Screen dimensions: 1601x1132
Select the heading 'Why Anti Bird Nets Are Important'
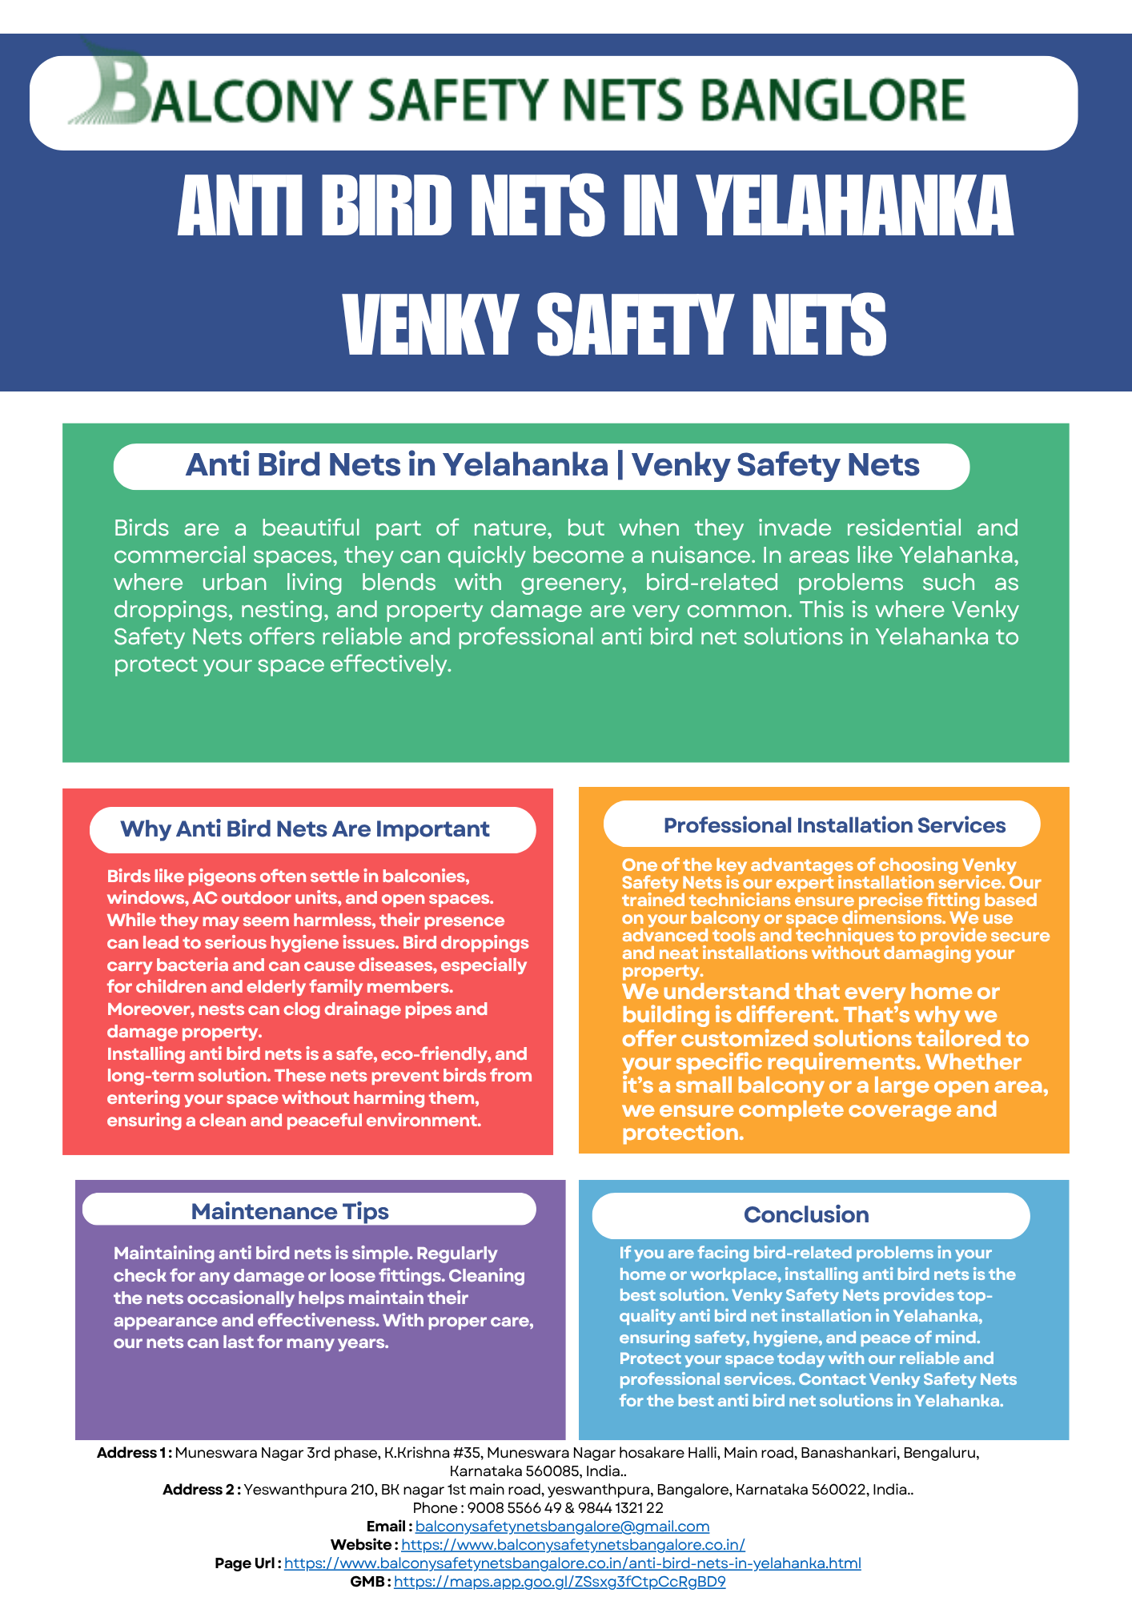point(304,829)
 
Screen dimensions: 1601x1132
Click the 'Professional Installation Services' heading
point(834,825)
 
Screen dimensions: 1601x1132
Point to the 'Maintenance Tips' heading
point(290,1211)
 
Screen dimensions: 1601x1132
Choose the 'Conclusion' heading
point(806,1214)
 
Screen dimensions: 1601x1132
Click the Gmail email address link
point(562,1527)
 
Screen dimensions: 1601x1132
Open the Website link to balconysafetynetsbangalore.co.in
point(572,1545)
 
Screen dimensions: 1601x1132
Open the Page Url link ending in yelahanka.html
point(572,1563)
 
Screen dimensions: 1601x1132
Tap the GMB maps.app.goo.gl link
point(560,1582)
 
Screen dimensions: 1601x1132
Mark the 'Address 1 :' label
point(134,1453)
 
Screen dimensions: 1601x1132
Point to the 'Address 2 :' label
point(201,1490)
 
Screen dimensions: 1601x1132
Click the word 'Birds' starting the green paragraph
point(141,528)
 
